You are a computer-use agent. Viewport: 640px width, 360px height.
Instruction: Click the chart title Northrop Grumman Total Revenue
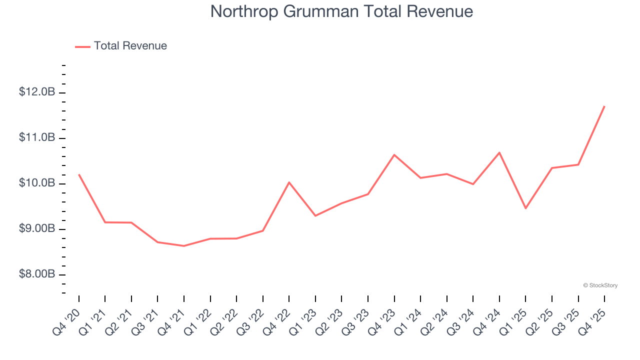[x=341, y=11]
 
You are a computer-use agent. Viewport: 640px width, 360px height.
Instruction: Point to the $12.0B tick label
[x=37, y=92]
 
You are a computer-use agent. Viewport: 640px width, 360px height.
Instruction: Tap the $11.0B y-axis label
[x=37, y=137]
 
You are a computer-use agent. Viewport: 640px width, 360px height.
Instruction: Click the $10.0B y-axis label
[x=37, y=183]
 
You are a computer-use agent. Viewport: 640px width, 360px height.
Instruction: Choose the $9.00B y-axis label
[x=37, y=229]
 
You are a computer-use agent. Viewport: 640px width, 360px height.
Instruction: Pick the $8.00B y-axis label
[x=37, y=274]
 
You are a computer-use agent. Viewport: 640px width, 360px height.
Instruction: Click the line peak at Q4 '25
[x=604, y=106]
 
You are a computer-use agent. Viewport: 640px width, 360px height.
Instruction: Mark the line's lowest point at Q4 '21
[x=184, y=246]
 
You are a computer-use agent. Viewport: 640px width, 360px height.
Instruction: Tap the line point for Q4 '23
[x=394, y=155]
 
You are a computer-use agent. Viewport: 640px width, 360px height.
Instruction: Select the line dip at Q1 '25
[x=525, y=208]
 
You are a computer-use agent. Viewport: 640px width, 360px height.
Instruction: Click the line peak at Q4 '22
[x=289, y=182]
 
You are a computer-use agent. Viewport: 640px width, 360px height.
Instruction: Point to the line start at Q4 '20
[x=79, y=174]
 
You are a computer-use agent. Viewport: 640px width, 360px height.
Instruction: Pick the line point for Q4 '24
[x=499, y=152]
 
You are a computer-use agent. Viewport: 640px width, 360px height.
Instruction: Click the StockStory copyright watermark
[x=600, y=285]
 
